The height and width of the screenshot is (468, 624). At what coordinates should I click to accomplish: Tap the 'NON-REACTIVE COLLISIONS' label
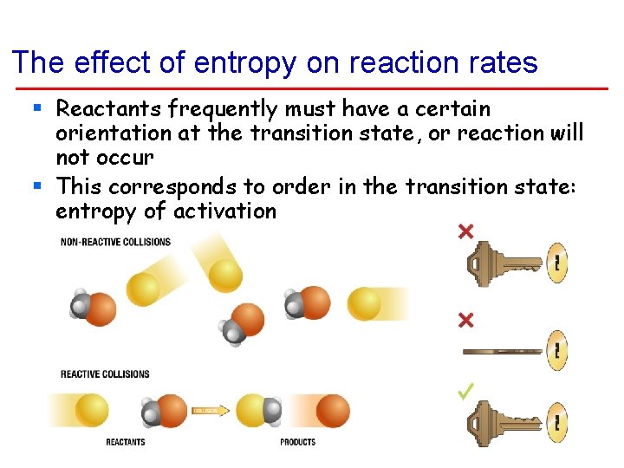115,242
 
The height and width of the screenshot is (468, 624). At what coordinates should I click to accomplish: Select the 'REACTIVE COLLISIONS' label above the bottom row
105,374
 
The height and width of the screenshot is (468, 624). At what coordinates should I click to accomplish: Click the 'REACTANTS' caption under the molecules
125,443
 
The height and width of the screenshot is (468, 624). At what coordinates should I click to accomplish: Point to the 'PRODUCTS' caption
297,443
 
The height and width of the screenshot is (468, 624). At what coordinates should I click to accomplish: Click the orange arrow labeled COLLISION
210,410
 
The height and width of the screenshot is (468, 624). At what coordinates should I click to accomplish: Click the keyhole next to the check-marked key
558,425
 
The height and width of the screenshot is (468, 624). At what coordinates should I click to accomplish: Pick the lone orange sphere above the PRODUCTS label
332,411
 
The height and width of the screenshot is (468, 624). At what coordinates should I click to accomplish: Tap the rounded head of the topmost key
484,262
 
